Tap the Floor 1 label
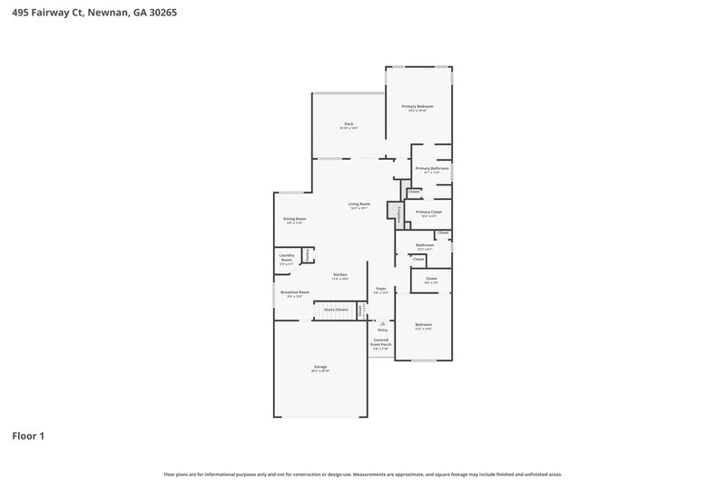point(28,436)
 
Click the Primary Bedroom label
point(418,107)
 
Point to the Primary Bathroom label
point(432,169)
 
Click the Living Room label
point(359,204)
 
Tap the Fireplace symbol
point(394,213)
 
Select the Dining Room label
point(294,219)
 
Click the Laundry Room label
point(286,258)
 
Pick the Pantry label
point(308,256)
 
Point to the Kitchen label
point(340,275)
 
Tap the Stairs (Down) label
point(336,310)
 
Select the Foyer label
point(382,289)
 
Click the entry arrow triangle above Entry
point(382,322)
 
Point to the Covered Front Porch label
point(382,343)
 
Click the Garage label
point(320,367)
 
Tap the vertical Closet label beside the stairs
point(360,310)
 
